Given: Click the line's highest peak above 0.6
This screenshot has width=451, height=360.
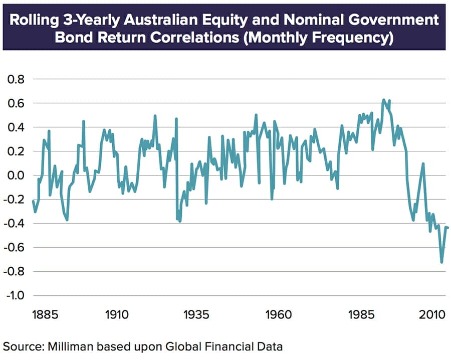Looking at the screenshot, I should (383, 99).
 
